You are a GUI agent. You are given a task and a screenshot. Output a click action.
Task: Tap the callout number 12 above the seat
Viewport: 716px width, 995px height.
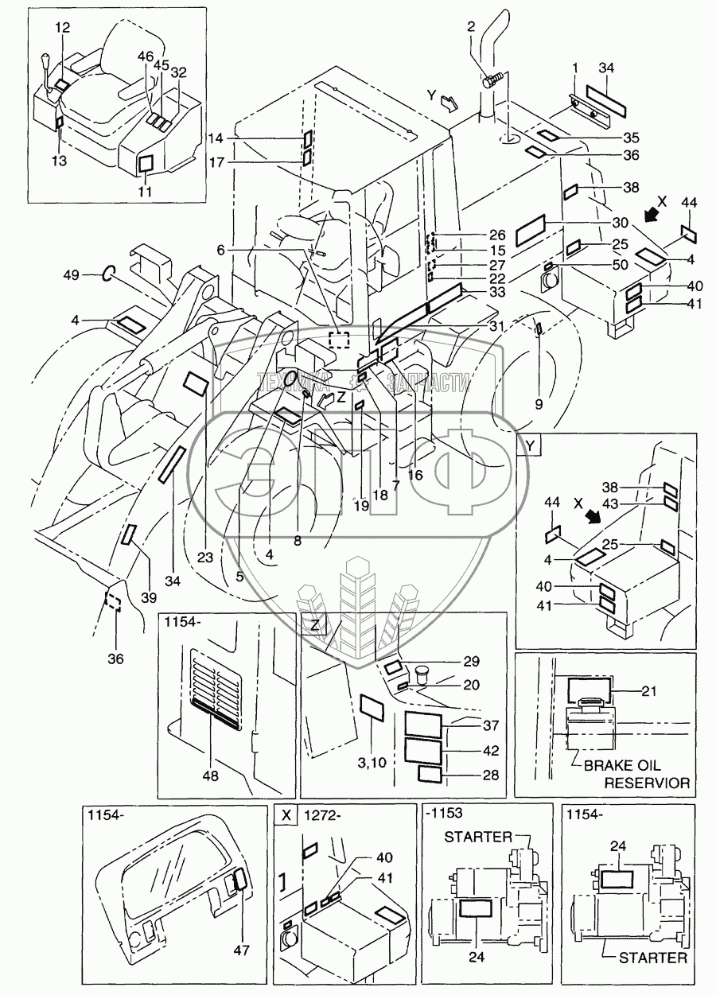click(x=63, y=28)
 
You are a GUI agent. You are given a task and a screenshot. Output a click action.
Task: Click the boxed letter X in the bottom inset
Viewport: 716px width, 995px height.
click(x=286, y=814)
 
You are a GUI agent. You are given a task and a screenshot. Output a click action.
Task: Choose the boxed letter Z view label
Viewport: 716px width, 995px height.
click(x=315, y=625)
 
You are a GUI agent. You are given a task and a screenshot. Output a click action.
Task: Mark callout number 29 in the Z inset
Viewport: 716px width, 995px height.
click(x=472, y=662)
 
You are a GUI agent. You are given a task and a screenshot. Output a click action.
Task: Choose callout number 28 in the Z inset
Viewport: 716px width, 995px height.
click(x=473, y=775)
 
